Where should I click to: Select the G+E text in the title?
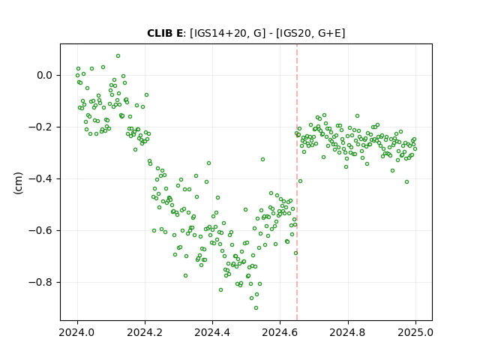pos(330,33)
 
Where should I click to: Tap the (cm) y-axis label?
pos(18,183)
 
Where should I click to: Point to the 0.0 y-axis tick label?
pos(45,75)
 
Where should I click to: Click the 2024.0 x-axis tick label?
pos(77,332)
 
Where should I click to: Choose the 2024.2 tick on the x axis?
pos(145,332)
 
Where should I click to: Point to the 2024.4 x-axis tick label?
pos(212,332)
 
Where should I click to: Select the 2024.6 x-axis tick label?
pos(280,332)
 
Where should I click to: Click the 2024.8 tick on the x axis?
pos(347,332)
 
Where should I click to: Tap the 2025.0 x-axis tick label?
pos(415,332)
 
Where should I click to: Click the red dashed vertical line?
pos(297,182)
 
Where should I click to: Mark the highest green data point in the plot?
pos(118,56)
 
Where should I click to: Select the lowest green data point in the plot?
pos(256,308)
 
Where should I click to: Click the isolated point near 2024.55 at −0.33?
pos(262,160)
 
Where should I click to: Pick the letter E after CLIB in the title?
pos(180,33)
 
